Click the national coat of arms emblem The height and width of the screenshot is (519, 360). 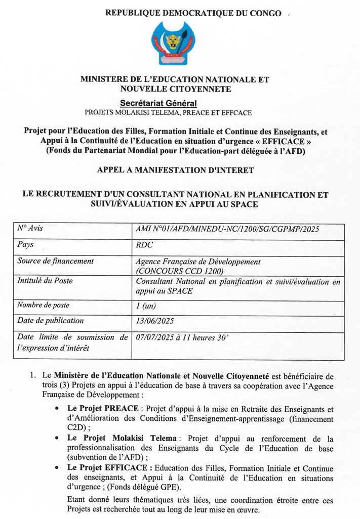point(175,44)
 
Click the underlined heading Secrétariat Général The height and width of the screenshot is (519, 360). point(168,102)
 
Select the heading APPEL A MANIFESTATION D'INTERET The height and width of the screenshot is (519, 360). point(175,171)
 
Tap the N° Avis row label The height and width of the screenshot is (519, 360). point(30,228)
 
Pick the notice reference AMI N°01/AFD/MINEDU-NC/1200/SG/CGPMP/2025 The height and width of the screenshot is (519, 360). point(228,229)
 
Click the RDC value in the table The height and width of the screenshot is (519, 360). point(144,245)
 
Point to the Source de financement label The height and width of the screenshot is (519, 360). point(55,261)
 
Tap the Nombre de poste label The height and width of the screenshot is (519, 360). point(43,305)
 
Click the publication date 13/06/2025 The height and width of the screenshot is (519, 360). point(156,321)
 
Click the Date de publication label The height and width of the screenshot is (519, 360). point(50,321)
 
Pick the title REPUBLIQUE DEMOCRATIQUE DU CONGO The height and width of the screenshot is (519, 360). point(193,13)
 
